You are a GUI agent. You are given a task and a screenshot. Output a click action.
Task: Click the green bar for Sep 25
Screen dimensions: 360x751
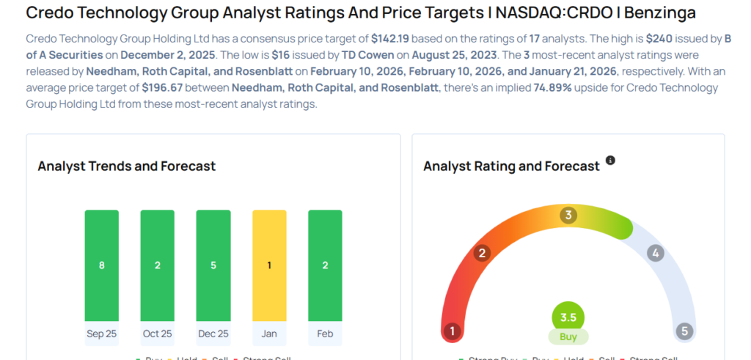101,265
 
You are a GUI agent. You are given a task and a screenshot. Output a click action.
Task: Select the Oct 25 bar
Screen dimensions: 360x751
157,265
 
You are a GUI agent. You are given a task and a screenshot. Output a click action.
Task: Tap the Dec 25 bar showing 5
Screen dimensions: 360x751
213,265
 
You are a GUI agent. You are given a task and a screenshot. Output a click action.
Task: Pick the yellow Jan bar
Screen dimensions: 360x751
269,265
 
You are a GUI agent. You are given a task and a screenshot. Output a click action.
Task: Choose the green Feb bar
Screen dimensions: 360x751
325,265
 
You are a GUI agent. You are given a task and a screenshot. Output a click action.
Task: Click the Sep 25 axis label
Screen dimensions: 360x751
101,334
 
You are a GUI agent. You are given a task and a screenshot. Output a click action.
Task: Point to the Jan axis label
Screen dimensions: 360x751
269,334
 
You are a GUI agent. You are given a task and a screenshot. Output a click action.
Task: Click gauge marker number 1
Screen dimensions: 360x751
453,331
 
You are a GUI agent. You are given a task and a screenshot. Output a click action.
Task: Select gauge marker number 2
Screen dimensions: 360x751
482,254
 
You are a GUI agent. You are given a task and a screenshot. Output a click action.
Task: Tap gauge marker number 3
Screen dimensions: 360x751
568,216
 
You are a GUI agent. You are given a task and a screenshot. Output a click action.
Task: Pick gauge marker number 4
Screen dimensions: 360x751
655,254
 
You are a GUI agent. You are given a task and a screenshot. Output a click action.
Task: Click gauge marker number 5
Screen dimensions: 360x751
684,331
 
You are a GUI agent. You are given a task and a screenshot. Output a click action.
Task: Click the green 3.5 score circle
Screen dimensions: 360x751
568,317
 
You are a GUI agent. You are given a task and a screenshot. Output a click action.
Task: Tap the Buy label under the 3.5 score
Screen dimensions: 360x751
568,337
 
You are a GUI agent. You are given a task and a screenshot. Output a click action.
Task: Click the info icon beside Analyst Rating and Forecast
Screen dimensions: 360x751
610,161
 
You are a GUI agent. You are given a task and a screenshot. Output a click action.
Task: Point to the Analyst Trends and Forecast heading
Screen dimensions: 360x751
126,166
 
